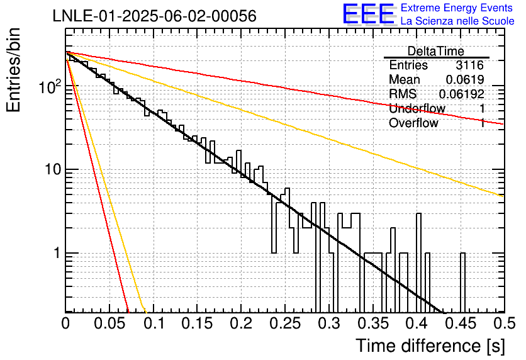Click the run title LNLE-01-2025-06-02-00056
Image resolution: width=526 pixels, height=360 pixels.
(155, 16)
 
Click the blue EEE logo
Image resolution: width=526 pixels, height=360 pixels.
(368, 14)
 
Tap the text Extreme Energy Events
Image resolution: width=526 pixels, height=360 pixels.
(457, 8)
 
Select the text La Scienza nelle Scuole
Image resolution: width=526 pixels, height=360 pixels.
(457, 21)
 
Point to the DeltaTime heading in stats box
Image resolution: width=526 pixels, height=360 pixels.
(436, 51)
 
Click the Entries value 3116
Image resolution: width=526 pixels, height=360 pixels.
(469, 65)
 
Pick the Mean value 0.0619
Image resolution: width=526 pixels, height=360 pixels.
(464, 79)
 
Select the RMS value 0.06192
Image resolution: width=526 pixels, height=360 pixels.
(461, 94)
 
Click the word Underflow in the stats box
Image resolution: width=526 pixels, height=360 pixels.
(417, 108)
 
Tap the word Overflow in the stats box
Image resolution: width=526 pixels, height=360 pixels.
(413, 123)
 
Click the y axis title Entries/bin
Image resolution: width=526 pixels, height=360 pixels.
(13, 70)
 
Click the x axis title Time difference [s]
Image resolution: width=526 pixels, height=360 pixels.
(430, 346)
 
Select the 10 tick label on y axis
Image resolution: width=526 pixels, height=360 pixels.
(53, 170)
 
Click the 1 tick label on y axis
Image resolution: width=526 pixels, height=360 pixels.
(57, 253)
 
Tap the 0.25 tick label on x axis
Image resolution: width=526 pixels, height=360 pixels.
(285, 323)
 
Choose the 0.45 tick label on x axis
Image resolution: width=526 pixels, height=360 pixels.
(461, 323)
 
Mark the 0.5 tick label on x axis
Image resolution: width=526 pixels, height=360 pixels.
(503, 323)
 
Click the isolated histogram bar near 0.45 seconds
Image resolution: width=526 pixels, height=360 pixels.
(462, 283)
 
